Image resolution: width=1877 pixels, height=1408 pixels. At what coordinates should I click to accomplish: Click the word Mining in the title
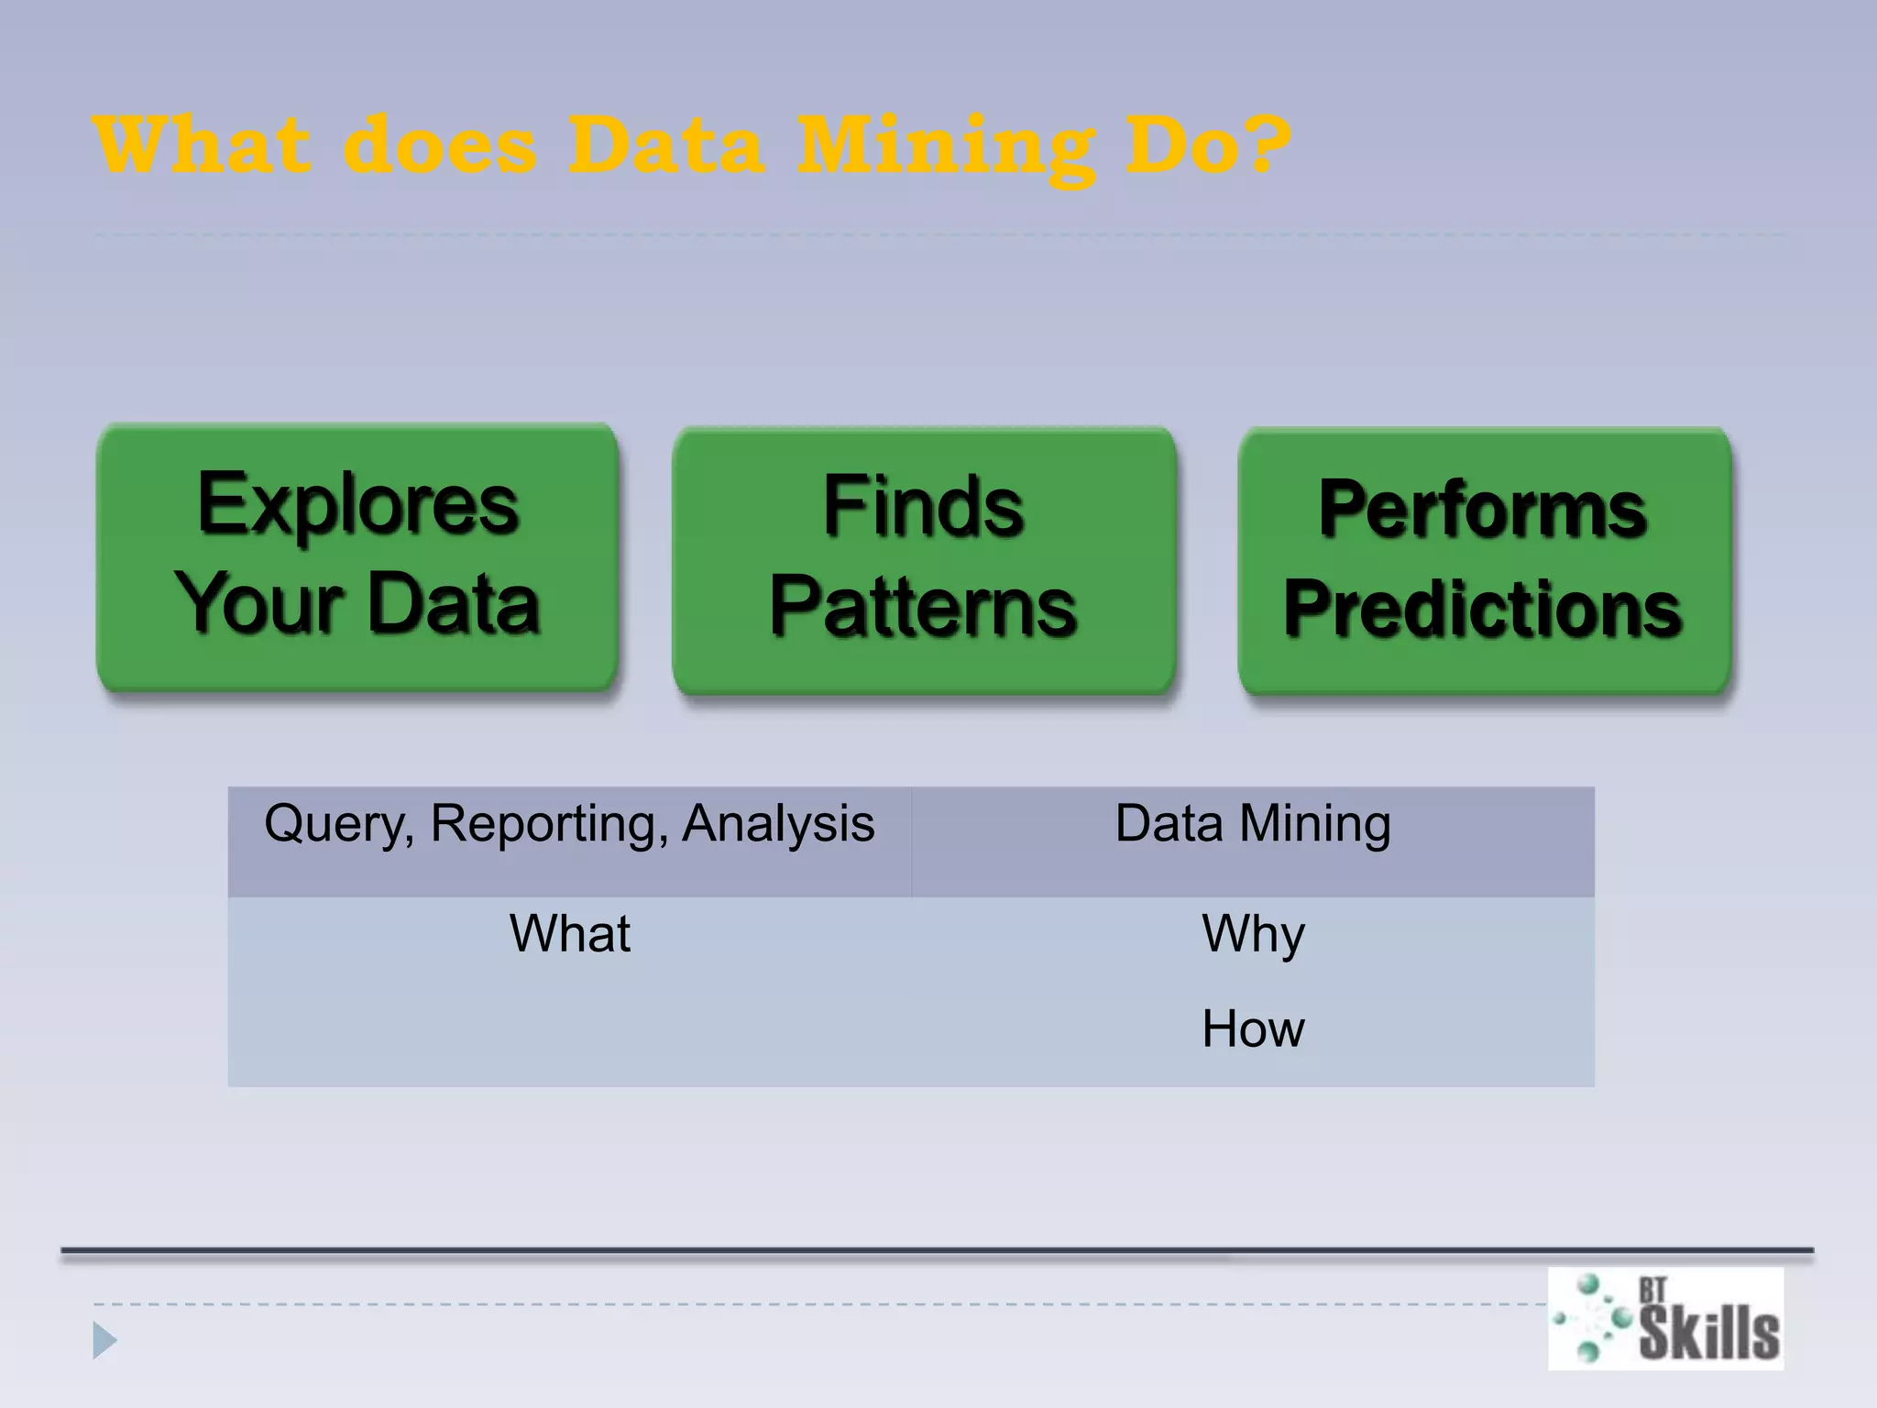945,147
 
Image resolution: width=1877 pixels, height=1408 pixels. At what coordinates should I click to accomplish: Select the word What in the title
201,145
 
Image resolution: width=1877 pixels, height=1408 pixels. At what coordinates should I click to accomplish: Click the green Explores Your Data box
357,556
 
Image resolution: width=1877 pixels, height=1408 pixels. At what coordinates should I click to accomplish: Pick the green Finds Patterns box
924,559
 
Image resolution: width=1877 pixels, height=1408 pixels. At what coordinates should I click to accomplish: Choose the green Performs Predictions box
1484,560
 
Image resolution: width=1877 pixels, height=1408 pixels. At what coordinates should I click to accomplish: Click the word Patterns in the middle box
923,606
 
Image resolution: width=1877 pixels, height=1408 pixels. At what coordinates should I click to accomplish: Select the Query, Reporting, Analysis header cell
569,841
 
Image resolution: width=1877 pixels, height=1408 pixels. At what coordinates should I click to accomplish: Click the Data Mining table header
1252,841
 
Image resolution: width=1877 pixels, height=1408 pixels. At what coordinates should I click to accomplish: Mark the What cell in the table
569,934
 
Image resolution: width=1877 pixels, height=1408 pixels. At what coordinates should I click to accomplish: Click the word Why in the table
1253,934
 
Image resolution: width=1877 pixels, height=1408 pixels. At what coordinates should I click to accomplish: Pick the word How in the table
1253,1028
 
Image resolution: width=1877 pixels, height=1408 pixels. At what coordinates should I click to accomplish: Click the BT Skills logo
1665,1318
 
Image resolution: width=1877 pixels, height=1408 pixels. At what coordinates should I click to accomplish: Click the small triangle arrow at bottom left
104,1341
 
